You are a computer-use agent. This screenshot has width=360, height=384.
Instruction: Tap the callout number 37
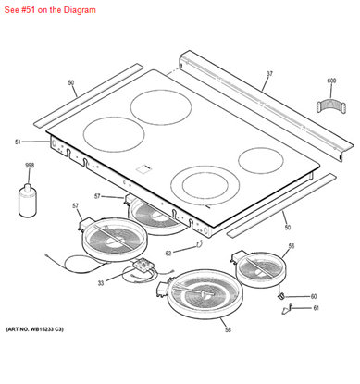point(270,73)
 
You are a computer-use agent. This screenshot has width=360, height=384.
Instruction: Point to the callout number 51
point(18,142)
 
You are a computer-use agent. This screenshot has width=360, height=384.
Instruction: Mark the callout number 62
point(168,253)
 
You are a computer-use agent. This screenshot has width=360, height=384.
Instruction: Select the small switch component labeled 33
point(141,272)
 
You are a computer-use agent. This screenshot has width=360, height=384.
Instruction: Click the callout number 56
point(291,246)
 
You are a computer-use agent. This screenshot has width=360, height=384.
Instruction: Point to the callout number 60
point(314,296)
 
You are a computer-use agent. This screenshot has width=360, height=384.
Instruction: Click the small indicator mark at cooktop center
point(144,168)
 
